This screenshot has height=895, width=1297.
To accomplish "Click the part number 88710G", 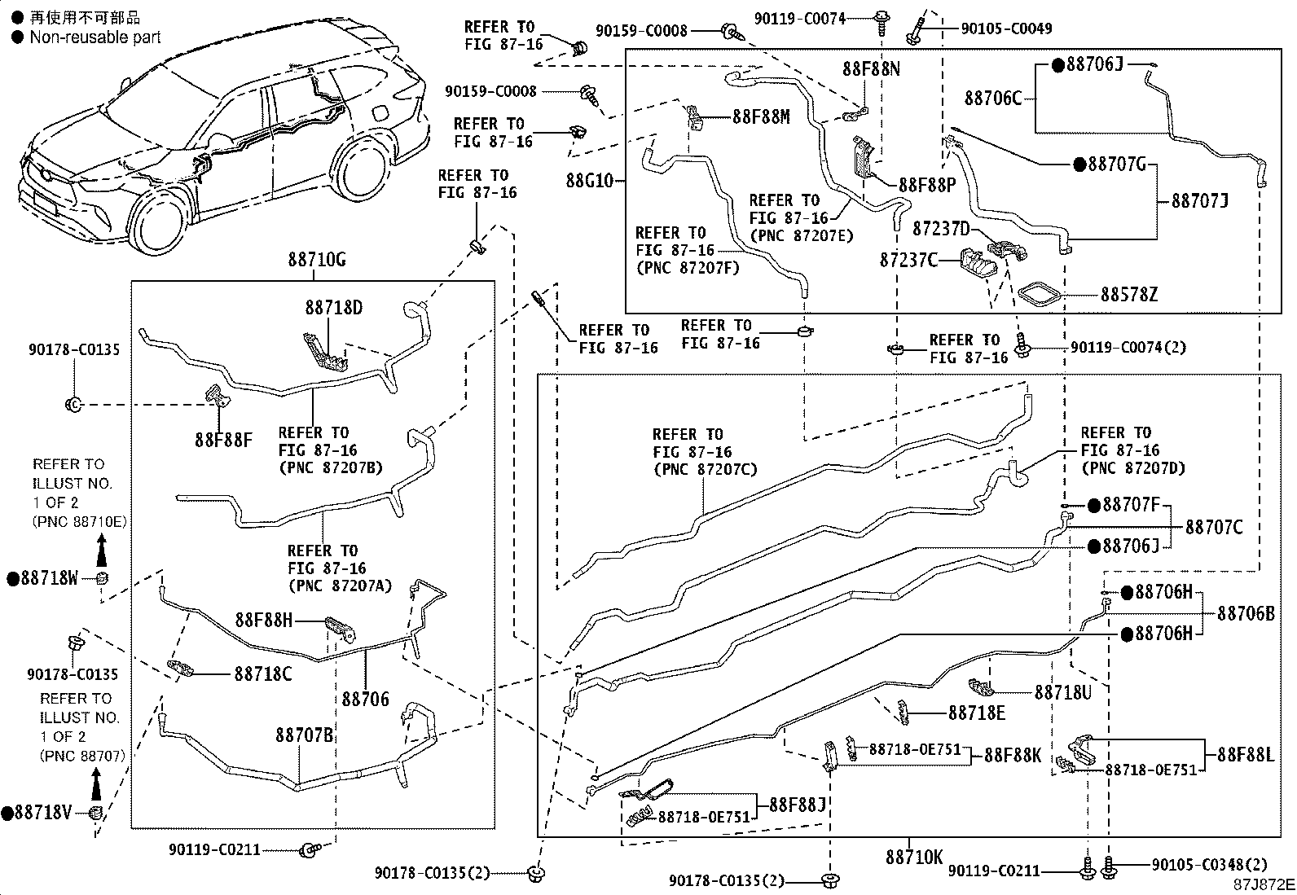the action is point(317,260).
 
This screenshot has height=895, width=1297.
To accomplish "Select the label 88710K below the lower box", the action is point(914,857).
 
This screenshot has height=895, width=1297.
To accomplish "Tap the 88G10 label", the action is point(590,181).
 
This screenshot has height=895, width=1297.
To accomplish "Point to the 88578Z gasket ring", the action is point(1040,294).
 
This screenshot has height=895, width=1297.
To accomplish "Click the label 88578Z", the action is point(1129,295).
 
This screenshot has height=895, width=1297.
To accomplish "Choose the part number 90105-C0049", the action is point(1006,29).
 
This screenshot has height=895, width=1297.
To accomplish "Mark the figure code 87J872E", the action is point(1264,884).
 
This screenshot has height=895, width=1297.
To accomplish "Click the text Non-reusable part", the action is point(95,37).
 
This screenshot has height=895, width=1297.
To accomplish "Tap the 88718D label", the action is point(334,307).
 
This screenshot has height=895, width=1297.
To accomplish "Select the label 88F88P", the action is point(927,185).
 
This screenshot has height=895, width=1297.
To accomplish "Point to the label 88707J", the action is point(1200,201).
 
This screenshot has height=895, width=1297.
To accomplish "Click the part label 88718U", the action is point(1063,691).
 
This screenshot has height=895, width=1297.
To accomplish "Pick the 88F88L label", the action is point(1246,754).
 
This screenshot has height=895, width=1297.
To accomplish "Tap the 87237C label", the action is point(908,260).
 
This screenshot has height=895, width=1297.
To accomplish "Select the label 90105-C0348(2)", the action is point(1209,864).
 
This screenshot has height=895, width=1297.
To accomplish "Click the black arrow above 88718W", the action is point(101,550).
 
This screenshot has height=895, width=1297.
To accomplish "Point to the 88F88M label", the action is point(762,117).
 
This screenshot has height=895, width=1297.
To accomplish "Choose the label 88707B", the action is point(305,735).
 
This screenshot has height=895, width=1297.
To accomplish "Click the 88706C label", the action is point(993,99).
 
